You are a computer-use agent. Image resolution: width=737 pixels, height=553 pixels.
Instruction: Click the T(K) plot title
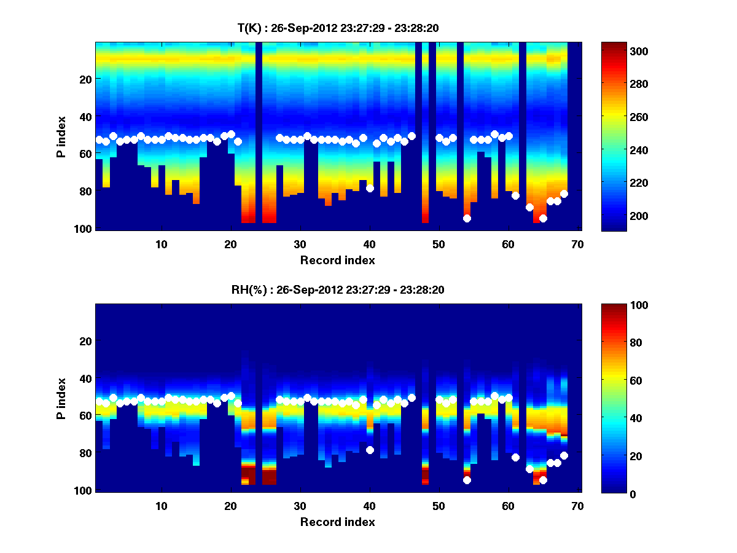pos(338,28)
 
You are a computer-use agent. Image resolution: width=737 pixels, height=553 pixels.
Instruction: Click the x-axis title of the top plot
pos(337,260)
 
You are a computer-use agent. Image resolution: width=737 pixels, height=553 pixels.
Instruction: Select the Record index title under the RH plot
pos(337,522)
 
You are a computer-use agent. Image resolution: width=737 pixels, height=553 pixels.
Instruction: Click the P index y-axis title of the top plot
pos(61,136)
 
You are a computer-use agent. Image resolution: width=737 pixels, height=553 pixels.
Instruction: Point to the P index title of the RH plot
pos(61,398)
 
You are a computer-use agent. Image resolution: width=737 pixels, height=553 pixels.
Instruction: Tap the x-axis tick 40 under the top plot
pos(369,244)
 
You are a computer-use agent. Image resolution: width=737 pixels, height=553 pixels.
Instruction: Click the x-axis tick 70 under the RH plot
pos(577,506)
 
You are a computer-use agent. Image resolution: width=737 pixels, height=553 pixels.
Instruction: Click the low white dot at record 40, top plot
pos(370,188)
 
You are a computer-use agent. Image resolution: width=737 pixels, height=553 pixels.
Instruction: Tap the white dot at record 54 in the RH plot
pos(467,480)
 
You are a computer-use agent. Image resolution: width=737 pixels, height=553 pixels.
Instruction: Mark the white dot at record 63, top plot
pos(529,207)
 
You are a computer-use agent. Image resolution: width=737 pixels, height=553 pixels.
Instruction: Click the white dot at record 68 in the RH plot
pos(564,455)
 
